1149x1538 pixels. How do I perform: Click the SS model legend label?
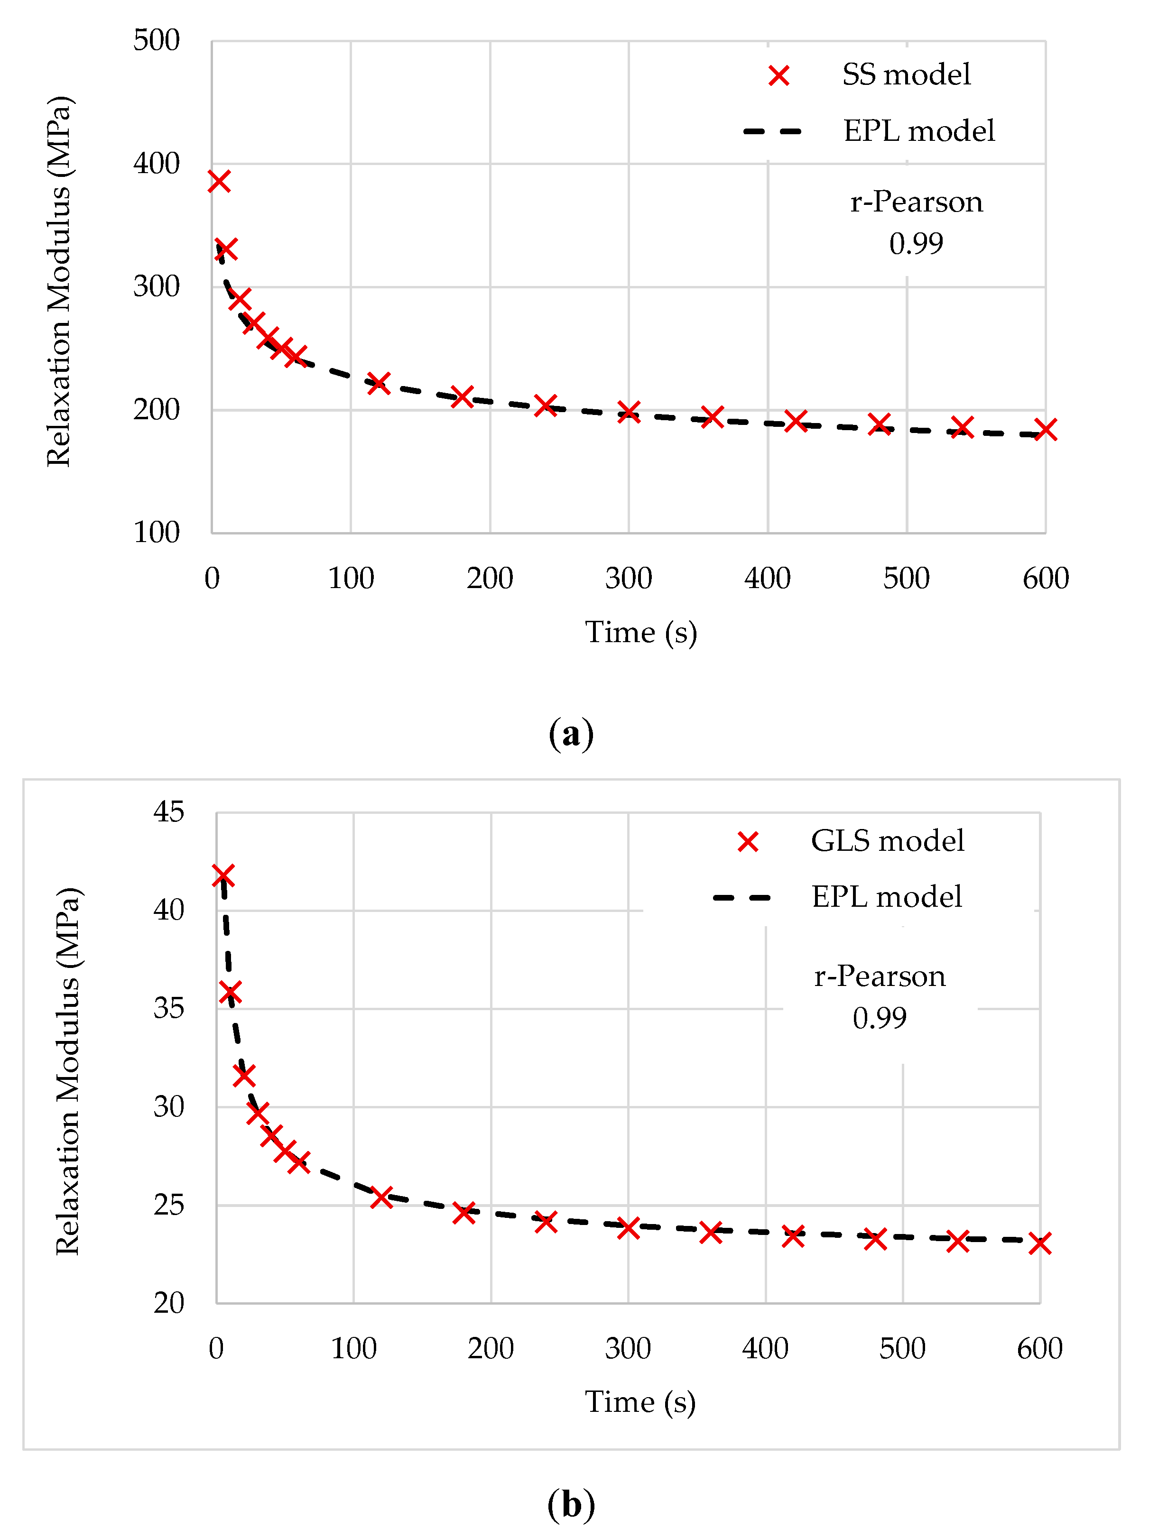click(x=906, y=74)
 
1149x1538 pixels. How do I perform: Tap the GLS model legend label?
click(x=888, y=841)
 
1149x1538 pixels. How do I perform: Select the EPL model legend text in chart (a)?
click(x=919, y=131)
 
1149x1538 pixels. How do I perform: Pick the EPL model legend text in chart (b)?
click(x=887, y=897)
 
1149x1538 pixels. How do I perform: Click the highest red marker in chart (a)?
click(x=219, y=182)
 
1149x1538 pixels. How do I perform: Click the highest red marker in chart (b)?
click(x=222, y=875)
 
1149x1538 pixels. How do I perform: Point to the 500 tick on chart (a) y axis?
click(x=157, y=40)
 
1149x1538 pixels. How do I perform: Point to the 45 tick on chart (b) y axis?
click(x=168, y=811)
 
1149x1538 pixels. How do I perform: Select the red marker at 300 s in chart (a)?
click(x=629, y=412)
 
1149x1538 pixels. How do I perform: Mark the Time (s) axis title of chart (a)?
click(x=640, y=633)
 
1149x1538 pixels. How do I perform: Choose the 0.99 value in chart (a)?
click(x=916, y=243)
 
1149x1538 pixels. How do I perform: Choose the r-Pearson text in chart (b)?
click(x=880, y=976)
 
